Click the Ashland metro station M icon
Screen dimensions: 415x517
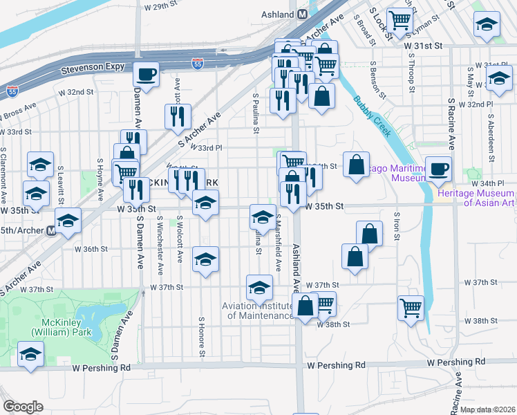(303, 14)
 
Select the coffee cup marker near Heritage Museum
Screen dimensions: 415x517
(438, 168)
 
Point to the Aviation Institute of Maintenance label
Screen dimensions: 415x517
(258, 311)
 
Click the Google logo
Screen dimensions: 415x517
(23, 407)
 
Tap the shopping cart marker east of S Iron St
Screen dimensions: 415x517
(411, 306)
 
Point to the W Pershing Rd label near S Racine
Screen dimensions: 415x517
(456, 362)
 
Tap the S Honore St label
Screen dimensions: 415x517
(203, 338)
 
